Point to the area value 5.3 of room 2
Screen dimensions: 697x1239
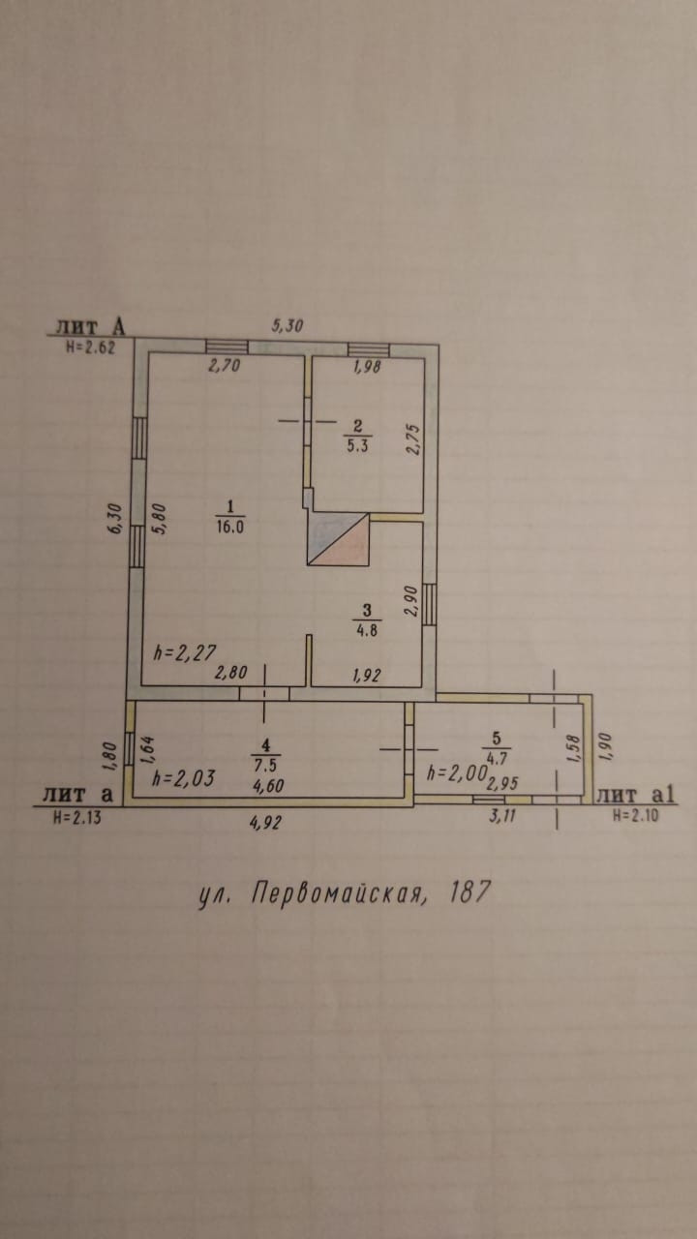pyautogui.click(x=357, y=445)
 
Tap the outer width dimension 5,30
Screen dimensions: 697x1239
pyautogui.click(x=287, y=327)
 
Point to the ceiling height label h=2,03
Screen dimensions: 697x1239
pyautogui.click(x=183, y=778)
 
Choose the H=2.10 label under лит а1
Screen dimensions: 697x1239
pyautogui.click(x=635, y=816)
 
